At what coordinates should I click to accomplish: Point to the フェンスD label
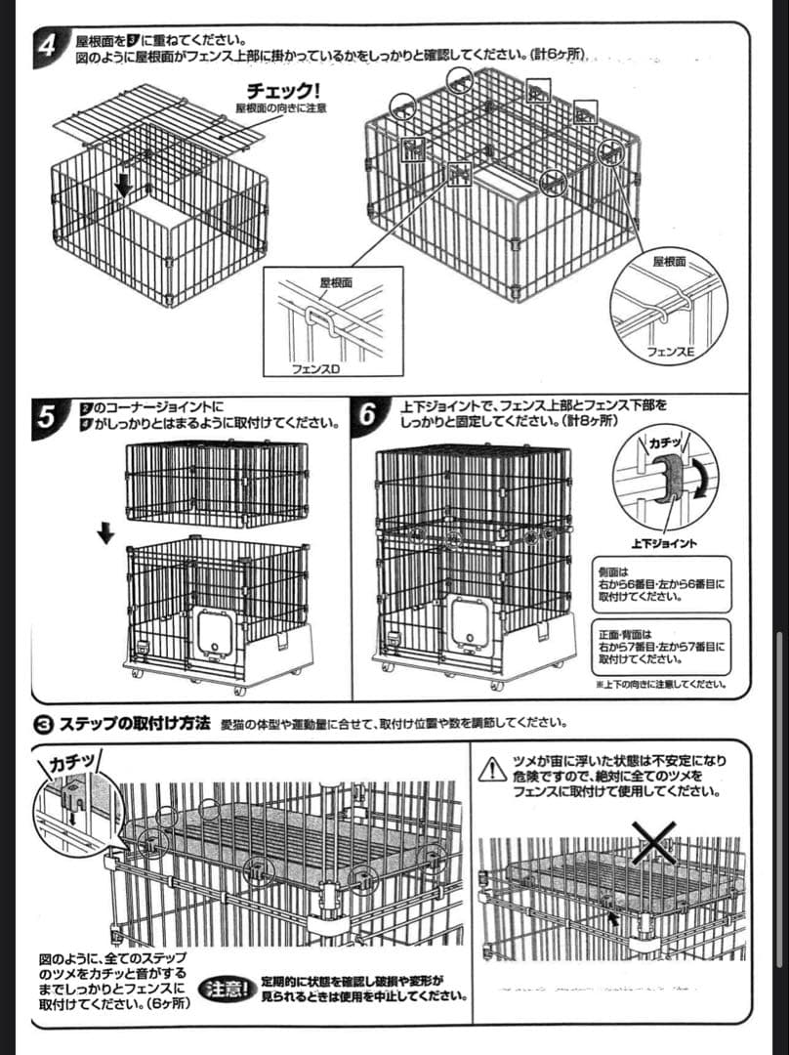[x=315, y=370]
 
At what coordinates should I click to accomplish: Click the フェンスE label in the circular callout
[x=670, y=350]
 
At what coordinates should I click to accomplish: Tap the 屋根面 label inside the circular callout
[x=670, y=262]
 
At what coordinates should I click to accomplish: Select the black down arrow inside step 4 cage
[x=125, y=184]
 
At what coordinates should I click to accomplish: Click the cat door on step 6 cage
[x=473, y=624]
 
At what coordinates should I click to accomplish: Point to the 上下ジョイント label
[x=664, y=543]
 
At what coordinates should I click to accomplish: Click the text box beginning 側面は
[x=660, y=583]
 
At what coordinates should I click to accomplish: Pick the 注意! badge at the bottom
[x=228, y=989]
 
